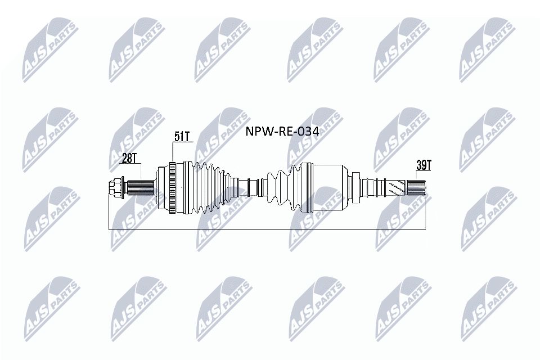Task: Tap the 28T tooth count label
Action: pyautogui.click(x=129, y=159)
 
